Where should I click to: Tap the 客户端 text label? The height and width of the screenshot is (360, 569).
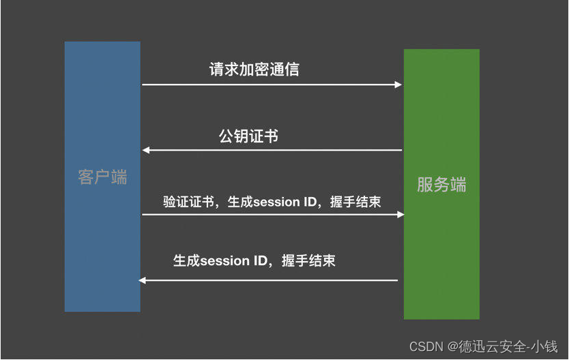pos(102,178)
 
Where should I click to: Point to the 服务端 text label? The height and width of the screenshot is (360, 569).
pos(441,185)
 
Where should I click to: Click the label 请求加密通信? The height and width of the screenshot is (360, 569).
pos(254,70)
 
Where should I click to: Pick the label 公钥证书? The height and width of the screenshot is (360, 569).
pos(248,136)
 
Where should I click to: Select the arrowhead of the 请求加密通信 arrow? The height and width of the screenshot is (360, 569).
pos(398,85)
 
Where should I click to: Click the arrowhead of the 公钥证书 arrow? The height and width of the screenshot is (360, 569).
pos(146,150)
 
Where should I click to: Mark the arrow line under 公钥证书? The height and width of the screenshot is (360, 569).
pos(273,150)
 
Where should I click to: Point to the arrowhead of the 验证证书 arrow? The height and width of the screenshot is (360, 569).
pos(400,215)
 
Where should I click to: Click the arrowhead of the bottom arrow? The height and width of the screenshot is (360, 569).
pos(143,280)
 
